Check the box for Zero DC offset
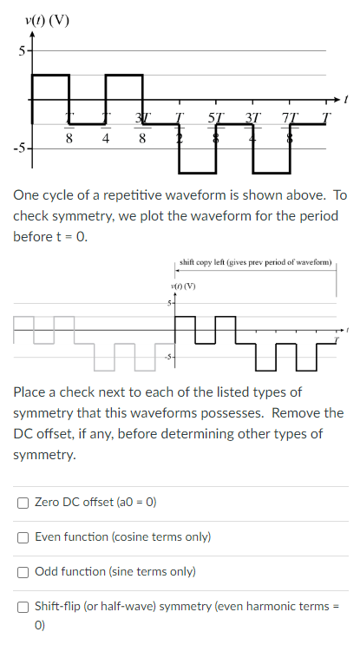pos(24,503)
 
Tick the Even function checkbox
pos(24,537)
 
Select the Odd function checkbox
pos(24,572)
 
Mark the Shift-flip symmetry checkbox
pos(24,607)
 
